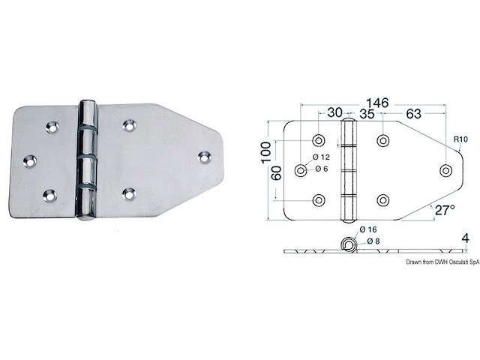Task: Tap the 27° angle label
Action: [443, 210]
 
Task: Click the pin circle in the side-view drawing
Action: [348, 244]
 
